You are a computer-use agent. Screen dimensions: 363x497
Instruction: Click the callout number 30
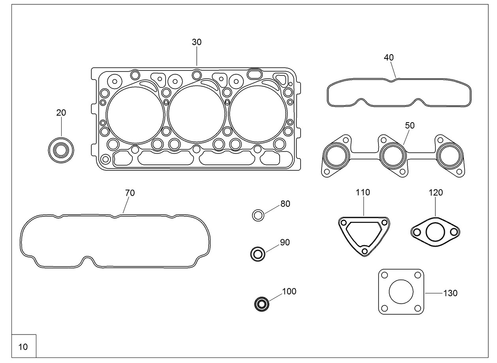(x=197, y=42)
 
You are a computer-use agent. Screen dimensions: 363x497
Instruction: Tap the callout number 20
(x=61, y=113)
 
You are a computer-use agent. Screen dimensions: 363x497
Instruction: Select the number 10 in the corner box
(x=23, y=347)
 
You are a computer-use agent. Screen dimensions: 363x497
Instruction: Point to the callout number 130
(x=450, y=293)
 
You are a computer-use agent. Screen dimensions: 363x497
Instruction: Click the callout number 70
(x=130, y=193)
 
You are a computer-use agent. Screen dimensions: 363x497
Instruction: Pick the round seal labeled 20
(x=61, y=150)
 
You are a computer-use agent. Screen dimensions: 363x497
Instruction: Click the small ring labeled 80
(x=258, y=216)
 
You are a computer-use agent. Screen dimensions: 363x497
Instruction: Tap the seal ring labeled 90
(x=258, y=253)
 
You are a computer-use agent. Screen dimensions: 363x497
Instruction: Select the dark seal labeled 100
(x=261, y=304)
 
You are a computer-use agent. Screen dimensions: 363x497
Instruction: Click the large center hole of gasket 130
(x=401, y=292)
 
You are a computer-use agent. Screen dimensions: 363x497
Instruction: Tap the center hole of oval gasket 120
(x=435, y=232)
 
